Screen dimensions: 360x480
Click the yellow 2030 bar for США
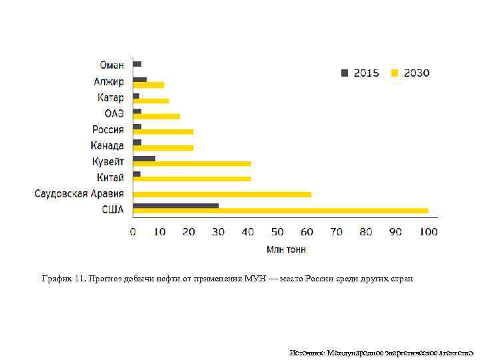pyautogui.click(x=280, y=211)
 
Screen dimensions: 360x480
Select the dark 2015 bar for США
pyautogui.click(x=176, y=205)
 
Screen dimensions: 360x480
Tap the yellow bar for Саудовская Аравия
pyautogui.click(x=222, y=195)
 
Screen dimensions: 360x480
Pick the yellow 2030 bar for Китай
pyautogui.click(x=192, y=179)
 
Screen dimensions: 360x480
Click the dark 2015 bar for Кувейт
pyautogui.click(x=144, y=159)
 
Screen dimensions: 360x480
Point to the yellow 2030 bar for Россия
pyautogui.click(x=163, y=132)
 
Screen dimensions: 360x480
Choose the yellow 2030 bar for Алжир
pyautogui.click(x=149, y=85)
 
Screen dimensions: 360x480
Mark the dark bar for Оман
pyautogui.click(x=137, y=64)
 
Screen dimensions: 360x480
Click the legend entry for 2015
pyautogui.click(x=361, y=73)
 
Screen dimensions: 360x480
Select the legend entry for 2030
pyautogui.click(x=411, y=73)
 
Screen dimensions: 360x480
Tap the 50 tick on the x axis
pyautogui.click(x=277, y=232)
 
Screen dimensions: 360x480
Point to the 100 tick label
pyautogui.click(x=428, y=232)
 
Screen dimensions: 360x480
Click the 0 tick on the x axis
pyautogui.click(x=133, y=232)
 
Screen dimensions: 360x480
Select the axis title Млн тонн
pyautogui.click(x=287, y=249)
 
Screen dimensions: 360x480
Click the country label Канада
pyautogui.click(x=107, y=145)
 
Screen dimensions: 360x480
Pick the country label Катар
pyautogui.click(x=109, y=98)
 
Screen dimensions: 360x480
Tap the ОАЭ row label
pyautogui.click(x=114, y=113)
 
